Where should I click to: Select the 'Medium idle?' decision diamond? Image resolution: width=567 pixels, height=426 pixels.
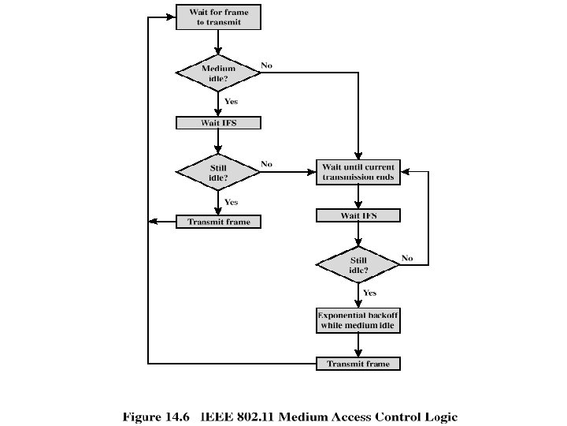[x=217, y=73]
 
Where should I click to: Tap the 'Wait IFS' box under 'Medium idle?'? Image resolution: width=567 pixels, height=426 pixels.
[x=217, y=123]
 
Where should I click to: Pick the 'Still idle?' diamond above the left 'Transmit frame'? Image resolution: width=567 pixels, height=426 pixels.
[x=217, y=171]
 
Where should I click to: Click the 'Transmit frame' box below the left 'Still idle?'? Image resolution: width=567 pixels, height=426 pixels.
[x=218, y=222]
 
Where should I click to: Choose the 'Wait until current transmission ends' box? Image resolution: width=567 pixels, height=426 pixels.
[x=358, y=172]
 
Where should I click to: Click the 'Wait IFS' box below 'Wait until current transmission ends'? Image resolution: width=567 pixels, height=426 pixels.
[x=358, y=215]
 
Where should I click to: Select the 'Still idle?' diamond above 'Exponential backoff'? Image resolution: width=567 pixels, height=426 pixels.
[x=358, y=265]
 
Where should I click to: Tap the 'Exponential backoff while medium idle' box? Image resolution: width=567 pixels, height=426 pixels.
[x=358, y=320]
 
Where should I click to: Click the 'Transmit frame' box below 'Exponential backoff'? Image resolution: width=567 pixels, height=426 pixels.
[x=358, y=364]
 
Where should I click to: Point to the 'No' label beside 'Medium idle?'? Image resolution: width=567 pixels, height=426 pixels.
[x=267, y=65]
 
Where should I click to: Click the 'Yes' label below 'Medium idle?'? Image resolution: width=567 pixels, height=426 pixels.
[x=232, y=101]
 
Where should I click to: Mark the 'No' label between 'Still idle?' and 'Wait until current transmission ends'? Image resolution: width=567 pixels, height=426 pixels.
[x=267, y=164]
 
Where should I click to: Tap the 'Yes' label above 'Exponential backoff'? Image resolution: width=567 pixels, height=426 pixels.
[x=370, y=293]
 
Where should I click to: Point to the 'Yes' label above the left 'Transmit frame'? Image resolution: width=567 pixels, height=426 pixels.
[x=232, y=202]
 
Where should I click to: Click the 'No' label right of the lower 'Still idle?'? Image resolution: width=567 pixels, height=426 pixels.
[x=407, y=258]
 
